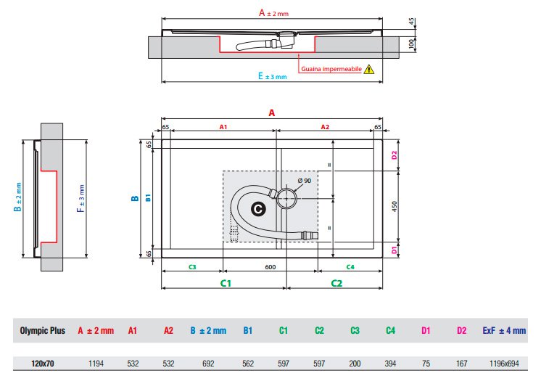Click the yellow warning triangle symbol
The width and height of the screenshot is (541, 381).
369,69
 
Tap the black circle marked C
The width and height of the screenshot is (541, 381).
258,209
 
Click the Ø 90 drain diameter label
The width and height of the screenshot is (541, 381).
305,181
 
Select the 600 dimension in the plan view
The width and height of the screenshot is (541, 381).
270,267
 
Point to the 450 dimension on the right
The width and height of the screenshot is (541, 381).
395,206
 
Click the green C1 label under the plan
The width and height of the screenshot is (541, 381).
226,283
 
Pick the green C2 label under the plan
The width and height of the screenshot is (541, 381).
336,283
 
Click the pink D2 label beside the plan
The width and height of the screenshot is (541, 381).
395,155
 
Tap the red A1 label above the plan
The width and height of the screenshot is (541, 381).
223,127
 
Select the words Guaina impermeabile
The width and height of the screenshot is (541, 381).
331,69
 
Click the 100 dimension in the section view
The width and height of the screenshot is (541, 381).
411,44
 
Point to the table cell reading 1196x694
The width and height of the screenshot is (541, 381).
504,364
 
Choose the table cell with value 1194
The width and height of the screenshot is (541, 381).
96,364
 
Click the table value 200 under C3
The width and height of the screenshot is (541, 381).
355,364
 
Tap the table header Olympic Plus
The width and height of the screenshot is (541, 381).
43,331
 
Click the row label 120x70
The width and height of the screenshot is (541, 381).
43,364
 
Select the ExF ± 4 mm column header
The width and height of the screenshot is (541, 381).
504,331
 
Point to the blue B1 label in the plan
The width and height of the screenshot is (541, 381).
148,198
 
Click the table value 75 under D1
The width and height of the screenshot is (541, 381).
426,364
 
